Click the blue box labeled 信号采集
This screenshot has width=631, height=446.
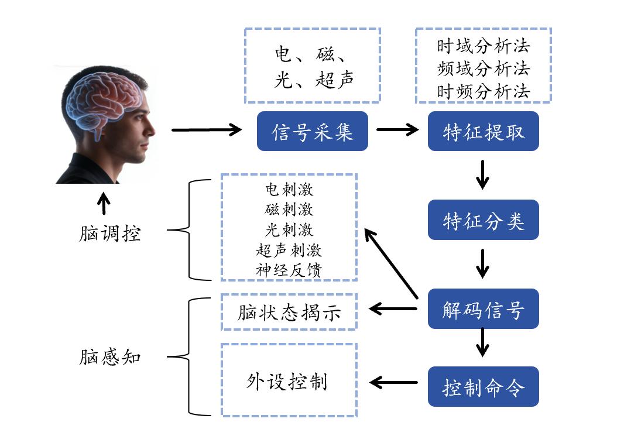313,131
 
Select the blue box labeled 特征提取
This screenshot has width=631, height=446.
483,131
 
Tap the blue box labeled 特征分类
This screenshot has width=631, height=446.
483,220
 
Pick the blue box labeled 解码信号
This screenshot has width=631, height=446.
483,308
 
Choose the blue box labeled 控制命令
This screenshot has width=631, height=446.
483,387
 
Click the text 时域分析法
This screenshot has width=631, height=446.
483,46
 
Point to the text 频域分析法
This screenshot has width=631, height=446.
483,68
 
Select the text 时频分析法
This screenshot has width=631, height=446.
483,91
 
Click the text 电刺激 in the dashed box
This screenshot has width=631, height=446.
289,190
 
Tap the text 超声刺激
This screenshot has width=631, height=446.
289,250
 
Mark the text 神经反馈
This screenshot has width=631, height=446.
289,270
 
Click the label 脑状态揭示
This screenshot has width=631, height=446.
289,313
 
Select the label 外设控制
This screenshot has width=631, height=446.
287,382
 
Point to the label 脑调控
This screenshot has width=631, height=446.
110,234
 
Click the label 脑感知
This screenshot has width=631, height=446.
110,356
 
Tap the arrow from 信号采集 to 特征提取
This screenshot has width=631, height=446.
397,130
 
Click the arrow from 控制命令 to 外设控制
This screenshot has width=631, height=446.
393,383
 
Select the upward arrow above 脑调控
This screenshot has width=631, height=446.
104,204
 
